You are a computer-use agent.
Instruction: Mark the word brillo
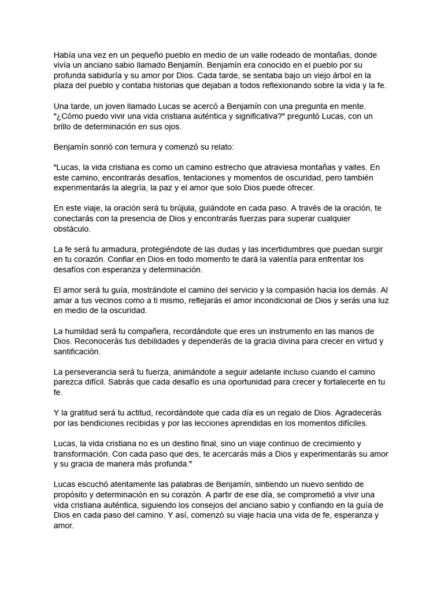coord(64,127)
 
